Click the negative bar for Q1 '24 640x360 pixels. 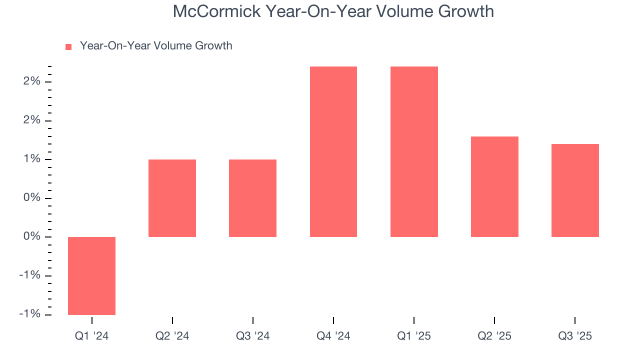(91, 275)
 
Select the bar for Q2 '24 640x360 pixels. (172, 198)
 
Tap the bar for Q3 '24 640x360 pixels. (252, 198)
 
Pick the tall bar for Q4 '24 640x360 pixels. (333, 151)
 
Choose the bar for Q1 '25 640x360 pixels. (414, 151)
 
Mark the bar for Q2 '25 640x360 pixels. (494, 186)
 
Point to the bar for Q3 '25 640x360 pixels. (575, 190)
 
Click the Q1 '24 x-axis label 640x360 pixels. (91, 336)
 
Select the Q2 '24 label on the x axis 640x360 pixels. (172, 336)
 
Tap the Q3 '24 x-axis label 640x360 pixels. (252, 336)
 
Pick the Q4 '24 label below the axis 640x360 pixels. (333, 336)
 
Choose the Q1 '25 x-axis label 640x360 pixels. (414, 336)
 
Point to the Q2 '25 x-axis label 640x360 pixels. (494, 336)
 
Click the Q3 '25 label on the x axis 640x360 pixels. (575, 336)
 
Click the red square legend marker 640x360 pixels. (69, 46)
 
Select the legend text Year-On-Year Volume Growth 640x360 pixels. (156, 46)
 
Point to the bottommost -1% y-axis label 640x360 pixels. (30, 314)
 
